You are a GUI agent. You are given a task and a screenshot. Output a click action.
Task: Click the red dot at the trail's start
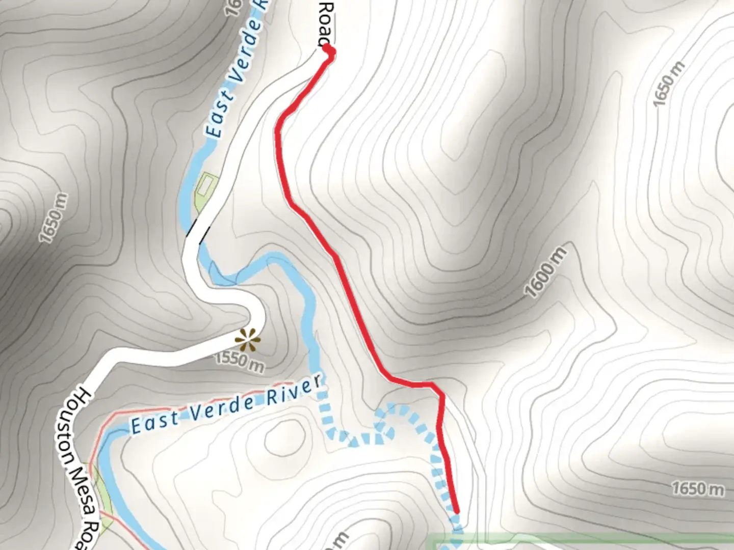click(x=329, y=50)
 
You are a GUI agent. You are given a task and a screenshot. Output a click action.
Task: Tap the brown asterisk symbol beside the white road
click(x=248, y=340)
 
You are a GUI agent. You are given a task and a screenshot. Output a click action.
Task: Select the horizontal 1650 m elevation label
click(x=697, y=489)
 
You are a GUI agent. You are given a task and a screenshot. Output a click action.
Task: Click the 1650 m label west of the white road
click(x=53, y=218)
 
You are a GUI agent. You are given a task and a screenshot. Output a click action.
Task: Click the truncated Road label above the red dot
click(x=326, y=23)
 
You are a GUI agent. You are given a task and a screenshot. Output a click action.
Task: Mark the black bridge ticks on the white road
click(x=197, y=230)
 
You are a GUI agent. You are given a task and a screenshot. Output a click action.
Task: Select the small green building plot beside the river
click(x=206, y=186)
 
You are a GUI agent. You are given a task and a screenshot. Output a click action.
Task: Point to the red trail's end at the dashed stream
click(x=456, y=511)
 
